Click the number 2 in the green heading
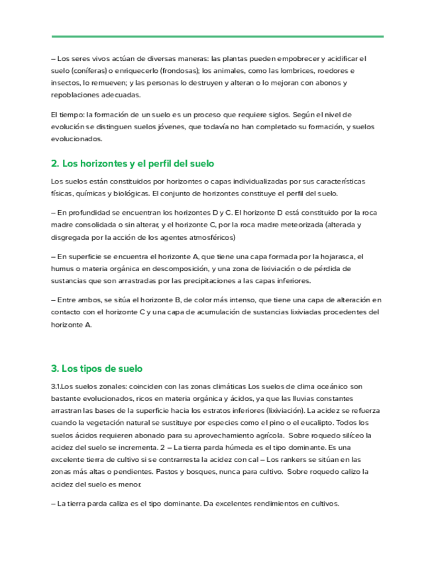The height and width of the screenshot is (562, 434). pos(54,163)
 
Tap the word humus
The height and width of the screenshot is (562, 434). pos(62,268)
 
